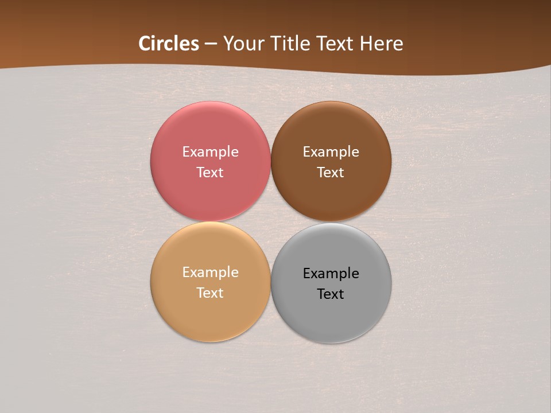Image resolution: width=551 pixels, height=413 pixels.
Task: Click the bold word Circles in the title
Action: pyautogui.click(x=169, y=44)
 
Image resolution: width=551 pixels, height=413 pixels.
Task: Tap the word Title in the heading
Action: pyautogui.click(x=292, y=44)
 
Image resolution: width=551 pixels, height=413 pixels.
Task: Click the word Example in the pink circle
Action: pyautogui.click(x=210, y=152)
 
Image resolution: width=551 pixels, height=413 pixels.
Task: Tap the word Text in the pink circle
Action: pyautogui.click(x=210, y=173)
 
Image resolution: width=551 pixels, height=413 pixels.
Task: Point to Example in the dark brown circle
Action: pyautogui.click(x=331, y=152)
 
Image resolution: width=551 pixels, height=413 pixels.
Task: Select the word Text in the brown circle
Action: pyautogui.click(x=331, y=173)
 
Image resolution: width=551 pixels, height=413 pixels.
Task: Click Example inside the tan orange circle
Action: pyautogui.click(x=210, y=272)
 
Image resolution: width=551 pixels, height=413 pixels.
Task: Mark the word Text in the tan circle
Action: pyautogui.click(x=210, y=293)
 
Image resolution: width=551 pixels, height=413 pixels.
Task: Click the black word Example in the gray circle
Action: pyautogui.click(x=331, y=274)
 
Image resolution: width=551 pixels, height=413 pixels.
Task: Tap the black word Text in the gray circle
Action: pyautogui.click(x=331, y=294)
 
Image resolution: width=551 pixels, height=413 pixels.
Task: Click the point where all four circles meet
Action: pyautogui.click(x=270, y=222)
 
